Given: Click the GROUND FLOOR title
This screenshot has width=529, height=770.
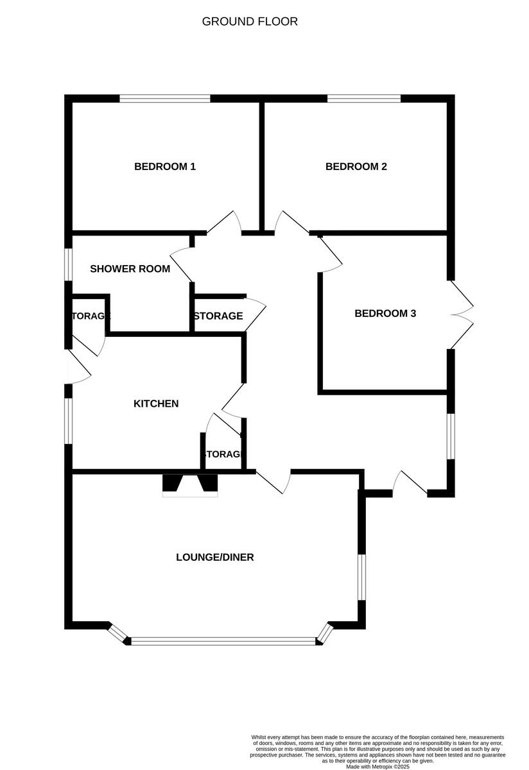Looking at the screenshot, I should pos(250,21).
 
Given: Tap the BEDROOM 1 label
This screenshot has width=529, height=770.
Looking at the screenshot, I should pos(165,167).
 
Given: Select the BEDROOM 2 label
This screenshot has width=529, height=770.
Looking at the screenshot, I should pos(356,167).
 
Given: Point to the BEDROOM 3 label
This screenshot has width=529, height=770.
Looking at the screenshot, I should pos(385,314).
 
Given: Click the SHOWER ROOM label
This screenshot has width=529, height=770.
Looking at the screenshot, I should pos(130,269).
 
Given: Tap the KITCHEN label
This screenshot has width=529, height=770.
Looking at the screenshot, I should pos(156,404).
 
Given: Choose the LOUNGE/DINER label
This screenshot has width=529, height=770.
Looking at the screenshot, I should pos(215,557).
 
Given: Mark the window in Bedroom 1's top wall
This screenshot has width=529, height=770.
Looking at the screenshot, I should pos(165,99).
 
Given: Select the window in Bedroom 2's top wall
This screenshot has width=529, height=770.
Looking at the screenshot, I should pos(364,99).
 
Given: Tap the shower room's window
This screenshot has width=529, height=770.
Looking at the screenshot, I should pos(67,264).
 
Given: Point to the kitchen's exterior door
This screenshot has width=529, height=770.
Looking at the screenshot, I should pos(78,368).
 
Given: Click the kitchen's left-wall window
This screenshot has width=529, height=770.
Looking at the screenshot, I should pos(68,420).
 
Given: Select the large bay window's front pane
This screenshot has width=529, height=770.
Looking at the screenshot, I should pos(223,640).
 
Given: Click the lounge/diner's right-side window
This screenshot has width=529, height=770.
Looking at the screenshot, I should pos(361,577).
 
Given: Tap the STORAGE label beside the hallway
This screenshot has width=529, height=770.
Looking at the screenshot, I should pos(218,316).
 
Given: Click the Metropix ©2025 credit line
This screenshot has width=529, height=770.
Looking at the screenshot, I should pos(377,766).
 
